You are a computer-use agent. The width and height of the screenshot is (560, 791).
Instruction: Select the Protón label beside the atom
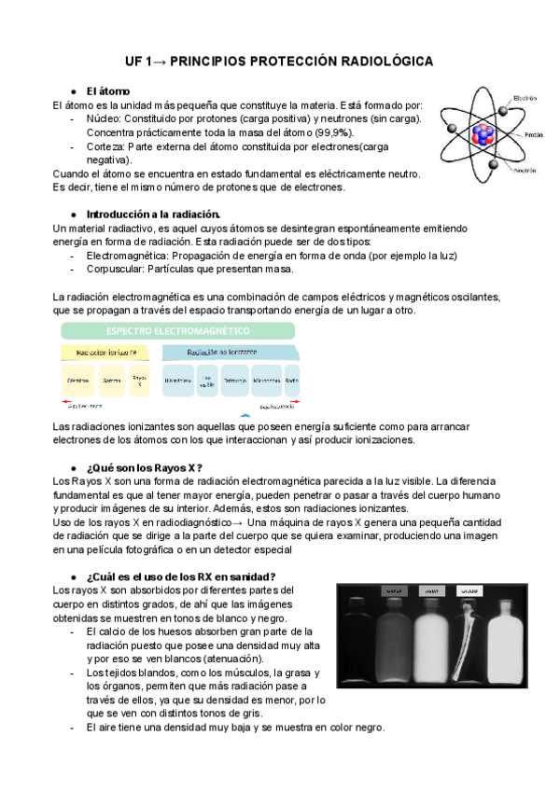[533, 134]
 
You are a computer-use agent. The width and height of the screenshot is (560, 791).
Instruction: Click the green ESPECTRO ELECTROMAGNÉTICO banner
[177, 331]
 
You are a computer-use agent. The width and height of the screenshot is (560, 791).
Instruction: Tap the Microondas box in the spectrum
[266, 381]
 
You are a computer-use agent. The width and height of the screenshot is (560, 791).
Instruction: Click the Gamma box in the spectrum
[112, 381]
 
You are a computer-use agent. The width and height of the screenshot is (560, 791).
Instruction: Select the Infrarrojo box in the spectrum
[236, 381]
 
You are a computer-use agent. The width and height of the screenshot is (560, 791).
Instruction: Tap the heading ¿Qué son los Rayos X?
[144, 467]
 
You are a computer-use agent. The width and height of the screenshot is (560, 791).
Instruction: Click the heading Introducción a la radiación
[152, 214]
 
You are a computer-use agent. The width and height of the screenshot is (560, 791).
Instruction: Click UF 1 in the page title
[142, 61]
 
